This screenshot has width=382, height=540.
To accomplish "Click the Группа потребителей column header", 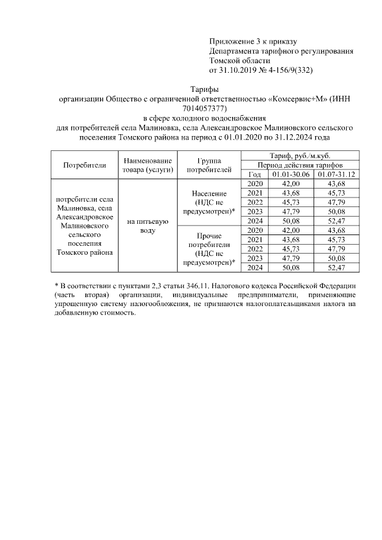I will pos(208,165).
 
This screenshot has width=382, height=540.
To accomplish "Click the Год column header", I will pos(254,174).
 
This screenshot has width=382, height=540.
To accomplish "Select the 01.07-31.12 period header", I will pos(337,174).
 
